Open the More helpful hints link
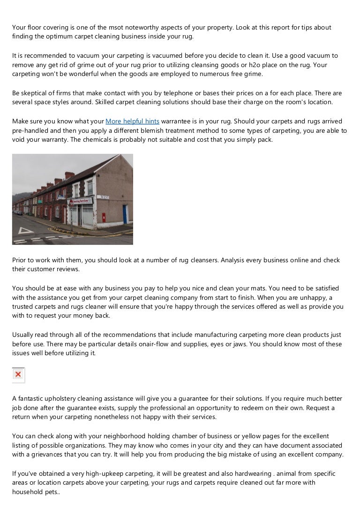[x=132, y=121]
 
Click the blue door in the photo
[x=125, y=214]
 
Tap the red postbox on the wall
[x=104, y=217]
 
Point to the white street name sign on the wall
[x=104, y=197]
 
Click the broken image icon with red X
[x=18, y=374]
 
